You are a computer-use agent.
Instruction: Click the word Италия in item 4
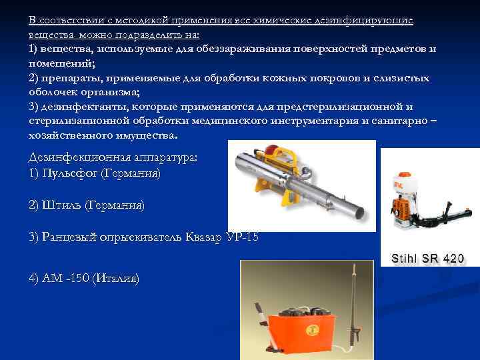(x=117, y=278)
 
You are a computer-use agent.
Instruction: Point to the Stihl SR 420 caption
(x=427, y=258)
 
